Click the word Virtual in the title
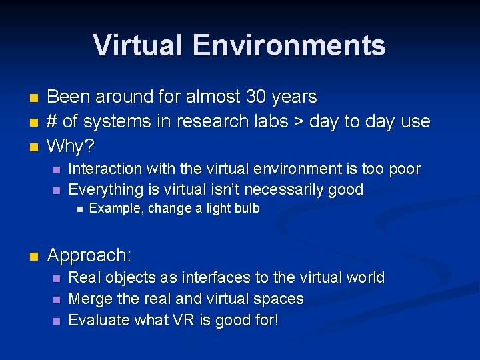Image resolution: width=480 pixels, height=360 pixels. (138, 45)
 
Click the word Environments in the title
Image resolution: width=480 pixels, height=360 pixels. (289, 45)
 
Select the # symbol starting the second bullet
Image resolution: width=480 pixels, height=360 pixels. (53, 122)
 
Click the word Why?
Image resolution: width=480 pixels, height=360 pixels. (72, 145)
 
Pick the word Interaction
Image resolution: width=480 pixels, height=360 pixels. (105, 169)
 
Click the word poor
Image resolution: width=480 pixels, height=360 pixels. (402, 169)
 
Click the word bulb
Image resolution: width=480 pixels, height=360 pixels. (245, 208)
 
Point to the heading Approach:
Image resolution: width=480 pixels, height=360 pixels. (89, 255)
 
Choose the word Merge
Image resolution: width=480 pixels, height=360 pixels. (89, 299)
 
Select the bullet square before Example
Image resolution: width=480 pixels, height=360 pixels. (79, 209)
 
